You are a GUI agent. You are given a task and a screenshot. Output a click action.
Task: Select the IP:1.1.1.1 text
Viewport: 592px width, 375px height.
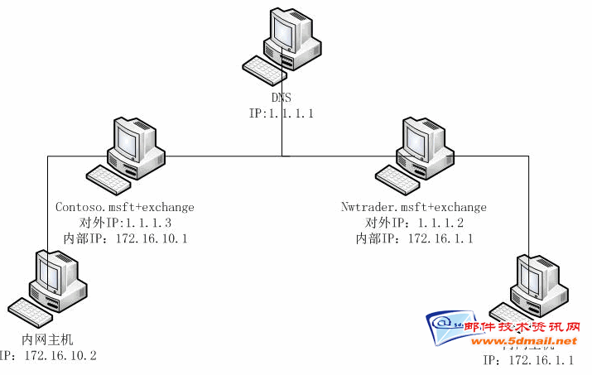(281, 112)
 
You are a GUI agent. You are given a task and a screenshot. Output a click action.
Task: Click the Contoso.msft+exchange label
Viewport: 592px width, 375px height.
(124, 207)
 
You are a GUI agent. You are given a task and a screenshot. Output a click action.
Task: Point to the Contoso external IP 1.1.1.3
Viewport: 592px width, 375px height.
(124, 223)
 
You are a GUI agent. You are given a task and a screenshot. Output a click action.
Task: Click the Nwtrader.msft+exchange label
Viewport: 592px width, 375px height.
(414, 207)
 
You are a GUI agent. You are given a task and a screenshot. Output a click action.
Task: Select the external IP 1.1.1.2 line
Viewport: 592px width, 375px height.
(414, 223)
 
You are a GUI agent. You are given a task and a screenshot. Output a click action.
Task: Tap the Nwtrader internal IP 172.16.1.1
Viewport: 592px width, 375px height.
(414, 238)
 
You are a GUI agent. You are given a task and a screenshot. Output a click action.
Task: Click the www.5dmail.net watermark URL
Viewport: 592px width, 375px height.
(523, 341)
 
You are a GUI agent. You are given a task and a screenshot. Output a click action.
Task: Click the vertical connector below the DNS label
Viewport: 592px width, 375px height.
(282, 137)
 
